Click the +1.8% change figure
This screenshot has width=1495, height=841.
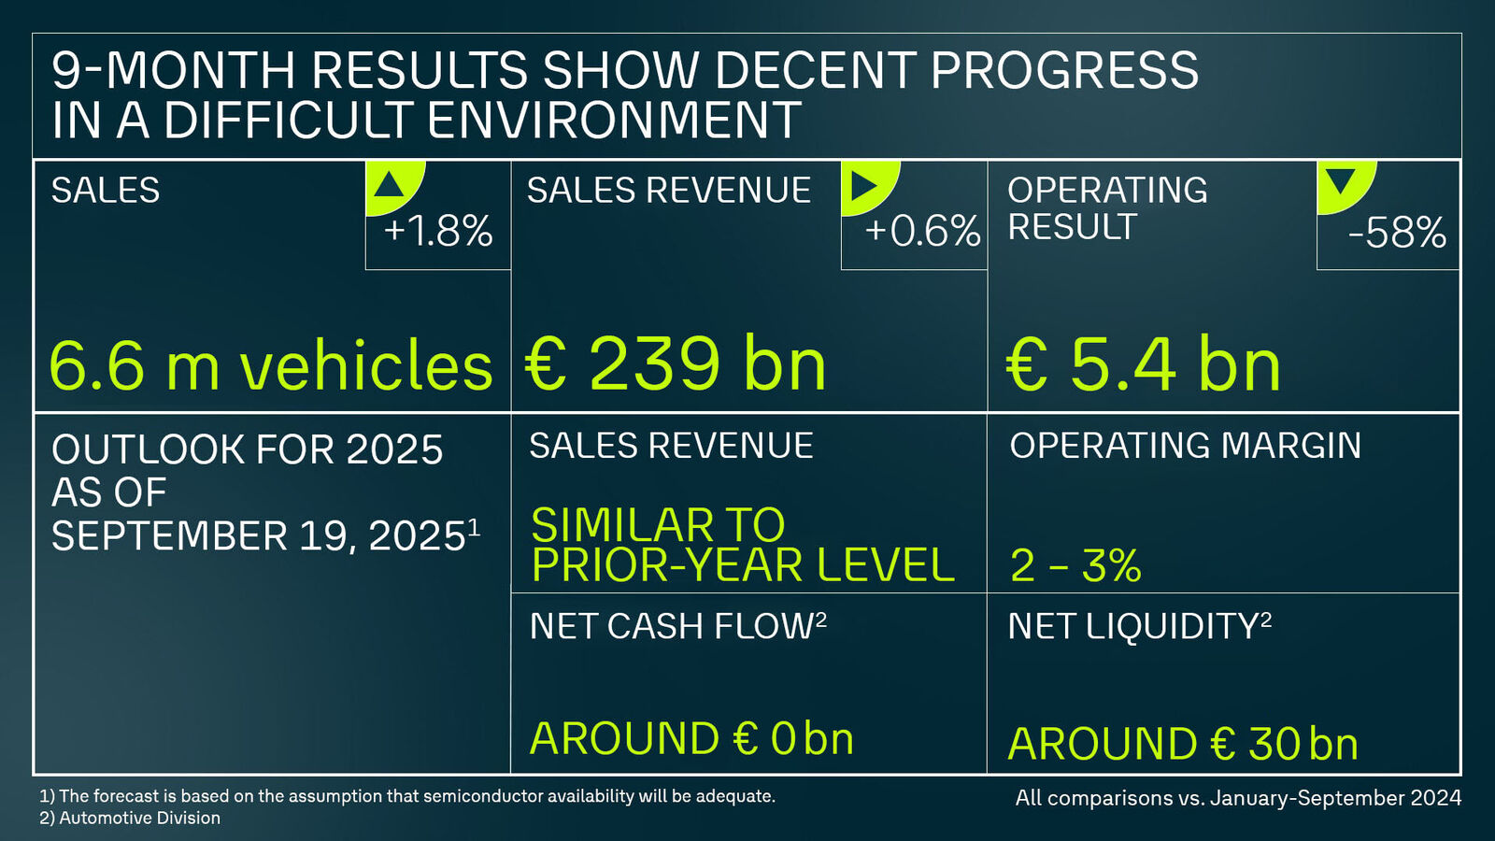(x=438, y=231)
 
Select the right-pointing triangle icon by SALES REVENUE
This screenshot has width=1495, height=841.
(x=864, y=185)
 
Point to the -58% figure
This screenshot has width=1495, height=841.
(x=1397, y=233)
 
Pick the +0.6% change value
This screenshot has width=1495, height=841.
(x=922, y=231)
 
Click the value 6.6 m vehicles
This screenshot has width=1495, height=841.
(x=270, y=365)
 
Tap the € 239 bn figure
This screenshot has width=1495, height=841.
(x=676, y=364)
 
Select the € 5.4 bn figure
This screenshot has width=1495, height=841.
(x=1144, y=365)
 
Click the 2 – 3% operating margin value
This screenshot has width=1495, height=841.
(x=1075, y=565)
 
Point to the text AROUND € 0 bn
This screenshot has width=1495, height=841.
(x=691, y=739)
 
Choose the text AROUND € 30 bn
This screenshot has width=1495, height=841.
(x=1183, y=745)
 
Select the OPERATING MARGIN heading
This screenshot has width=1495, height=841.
(x=1185, y=446)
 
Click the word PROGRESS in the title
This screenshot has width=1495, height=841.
(x=1064, y=71)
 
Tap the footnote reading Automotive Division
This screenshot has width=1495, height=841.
(x=139, y=818)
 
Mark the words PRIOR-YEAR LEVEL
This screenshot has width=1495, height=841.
(x=743, y=565)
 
